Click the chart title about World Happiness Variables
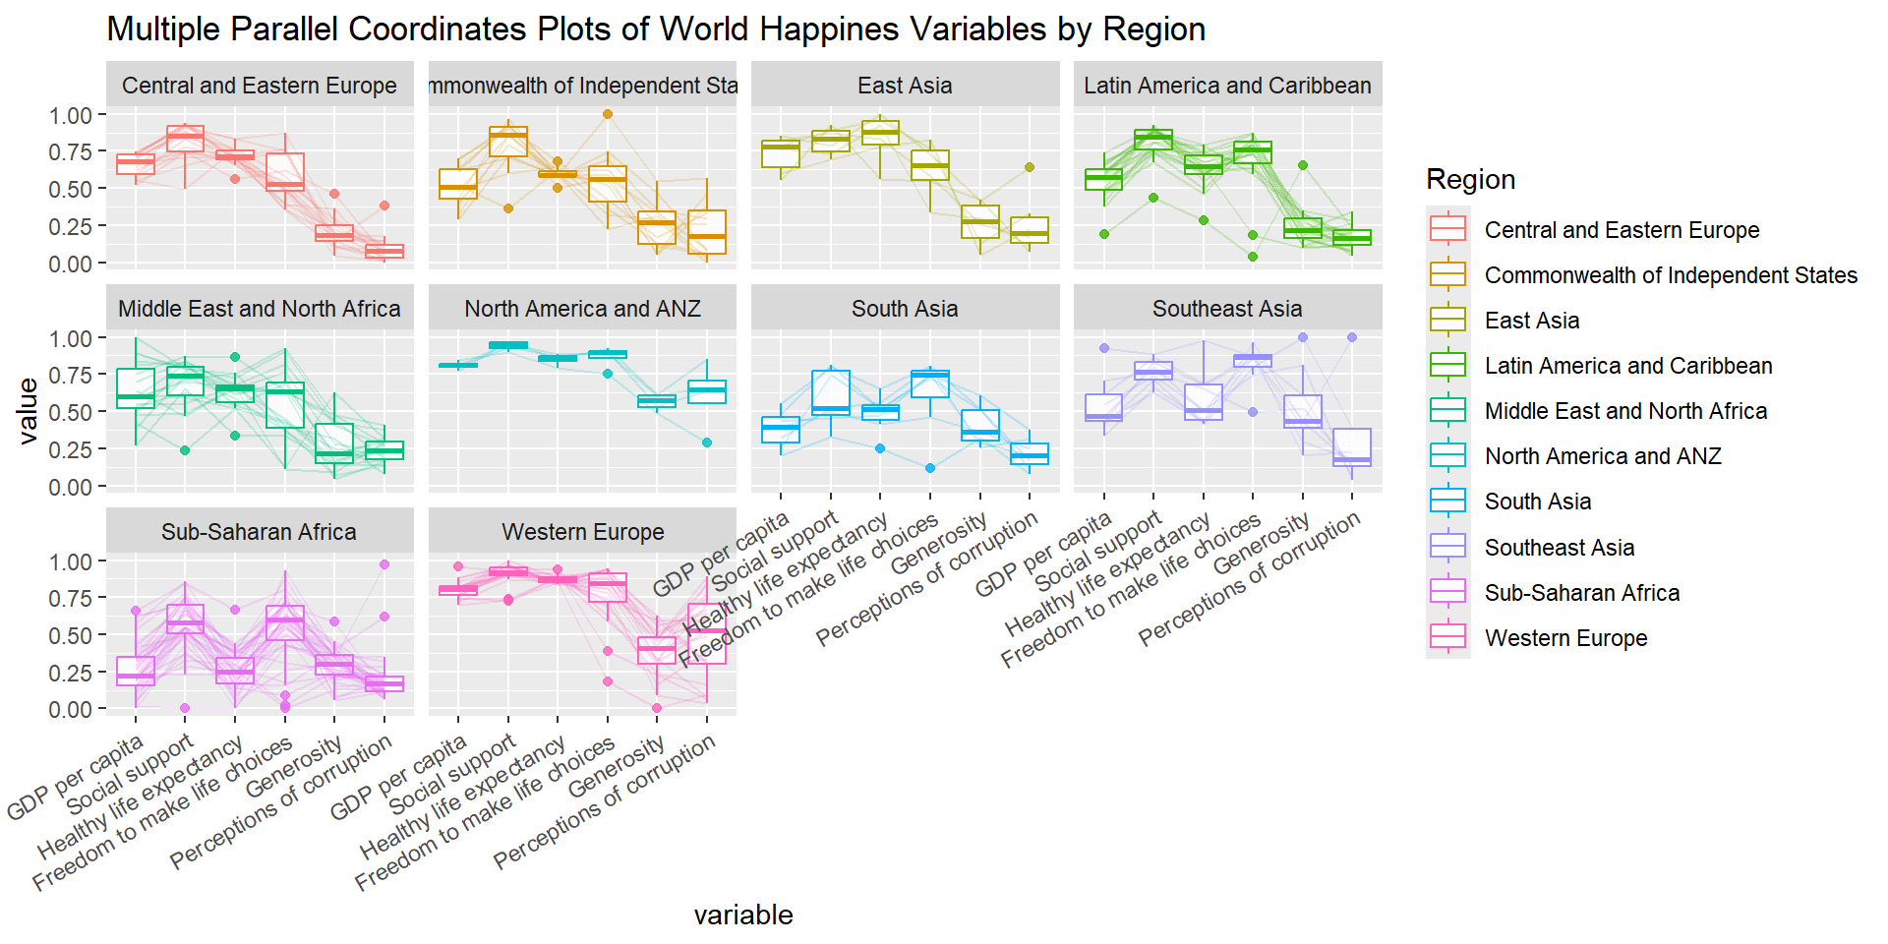click(x=656, y=29)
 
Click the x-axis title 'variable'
click(x=742, y=914)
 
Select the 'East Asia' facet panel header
click(x=905, y=86)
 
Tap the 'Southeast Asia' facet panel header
click(x=1227, y=309)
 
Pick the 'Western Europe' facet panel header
click(x=582, y=532)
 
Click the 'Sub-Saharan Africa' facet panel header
click(x=260, y=532)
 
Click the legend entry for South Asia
click(x=1537, y=501)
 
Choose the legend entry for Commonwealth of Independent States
click(x=1670, y=275)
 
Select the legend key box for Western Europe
click(x=1447, y=637)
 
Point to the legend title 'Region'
click(x=1470, y=179)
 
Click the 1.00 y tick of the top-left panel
click(x=71, y=115)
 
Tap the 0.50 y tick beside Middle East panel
click(x=71, y=412)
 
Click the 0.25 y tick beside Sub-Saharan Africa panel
click(x=71, y=673)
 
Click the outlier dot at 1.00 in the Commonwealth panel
click(x=608, y=114)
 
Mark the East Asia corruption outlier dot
click(x=1030, y=167)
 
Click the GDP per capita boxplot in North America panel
click(x=458, y=365)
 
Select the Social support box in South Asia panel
click(x=831, y=392)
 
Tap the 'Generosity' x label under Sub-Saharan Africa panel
click(x=295, y=769)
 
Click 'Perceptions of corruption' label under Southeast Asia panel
click(x=1251, y=580)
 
